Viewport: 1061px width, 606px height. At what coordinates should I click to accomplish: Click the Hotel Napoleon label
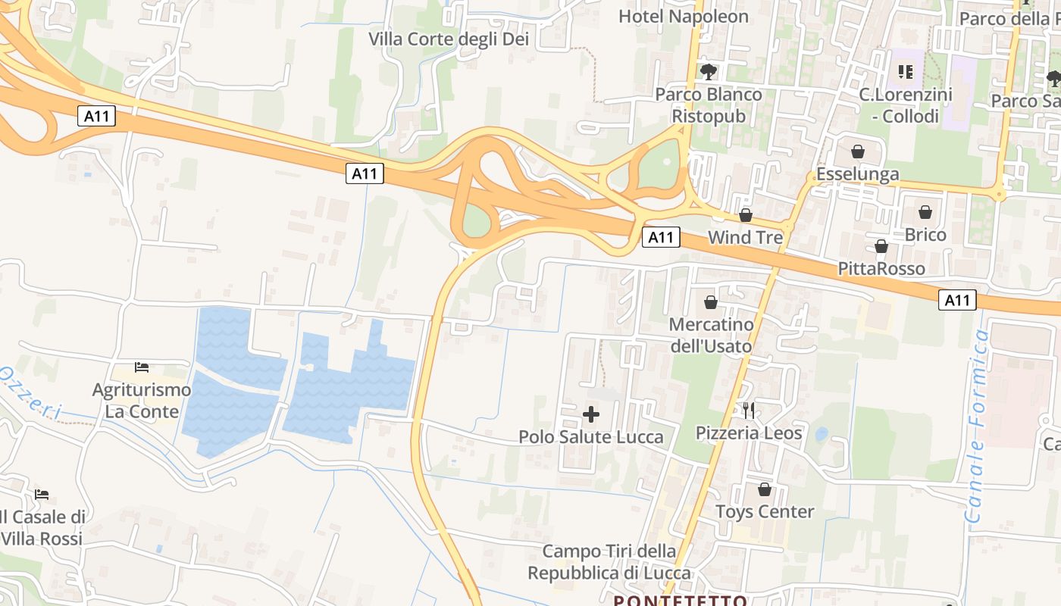coord(683,16)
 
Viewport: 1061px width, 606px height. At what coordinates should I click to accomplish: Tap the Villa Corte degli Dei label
coord(449,39)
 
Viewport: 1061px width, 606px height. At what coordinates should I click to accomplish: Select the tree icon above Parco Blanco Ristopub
coord(709,72)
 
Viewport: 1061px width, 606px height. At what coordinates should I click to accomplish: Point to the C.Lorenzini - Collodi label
coord(905,105)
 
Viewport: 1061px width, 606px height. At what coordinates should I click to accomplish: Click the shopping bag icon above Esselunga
coord(857,151)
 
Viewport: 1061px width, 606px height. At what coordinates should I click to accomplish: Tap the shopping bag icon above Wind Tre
coord(745,215)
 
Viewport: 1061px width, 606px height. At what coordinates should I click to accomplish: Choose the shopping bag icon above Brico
coord(925,212)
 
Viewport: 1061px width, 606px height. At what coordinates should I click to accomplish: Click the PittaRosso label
coord(881,268)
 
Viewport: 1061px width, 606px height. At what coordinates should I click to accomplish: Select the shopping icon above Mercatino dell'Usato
coord(711,302)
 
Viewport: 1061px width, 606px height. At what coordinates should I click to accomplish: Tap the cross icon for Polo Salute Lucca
coord(591,414)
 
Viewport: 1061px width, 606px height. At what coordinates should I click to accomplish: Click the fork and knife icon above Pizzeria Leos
coord(749,411)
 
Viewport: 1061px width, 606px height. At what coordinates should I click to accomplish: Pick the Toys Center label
coord(765,511)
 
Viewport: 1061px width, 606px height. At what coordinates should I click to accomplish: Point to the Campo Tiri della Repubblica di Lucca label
coord(609,562)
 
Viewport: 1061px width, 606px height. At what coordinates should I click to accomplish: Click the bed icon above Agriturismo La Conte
coord(142,367)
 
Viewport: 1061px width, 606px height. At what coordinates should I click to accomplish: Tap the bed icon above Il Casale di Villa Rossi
coord(42,495)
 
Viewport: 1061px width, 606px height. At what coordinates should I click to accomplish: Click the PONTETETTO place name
coord(680,601)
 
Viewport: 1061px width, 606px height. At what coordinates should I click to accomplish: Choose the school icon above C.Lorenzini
coord(905,72)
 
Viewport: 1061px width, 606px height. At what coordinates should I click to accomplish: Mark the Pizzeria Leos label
coord(749,433)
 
